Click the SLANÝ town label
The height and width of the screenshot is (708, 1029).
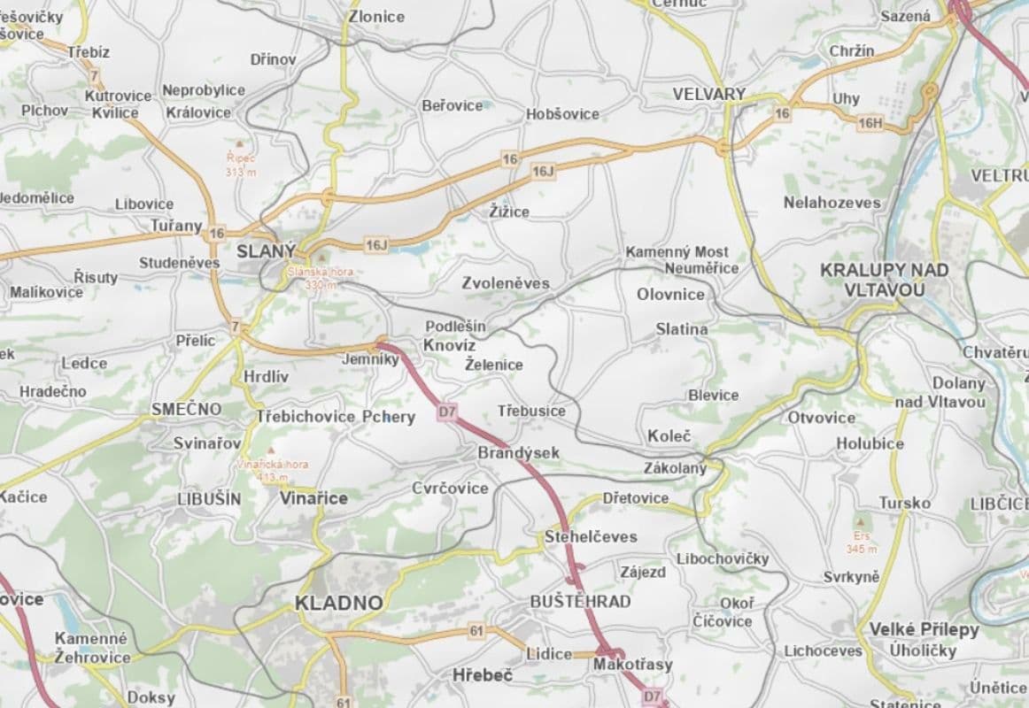266,251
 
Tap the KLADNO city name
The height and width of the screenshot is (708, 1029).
339,604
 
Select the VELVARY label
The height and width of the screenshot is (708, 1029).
708,94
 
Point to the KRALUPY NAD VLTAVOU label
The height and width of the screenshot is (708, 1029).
871,280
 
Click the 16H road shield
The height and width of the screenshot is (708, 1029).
870,123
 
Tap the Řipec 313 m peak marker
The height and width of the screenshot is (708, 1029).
239,142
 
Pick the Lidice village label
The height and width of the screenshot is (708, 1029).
549,653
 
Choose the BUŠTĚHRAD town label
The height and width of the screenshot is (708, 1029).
580,602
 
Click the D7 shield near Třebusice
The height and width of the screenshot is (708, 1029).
447,412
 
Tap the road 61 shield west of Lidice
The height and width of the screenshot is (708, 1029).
476,630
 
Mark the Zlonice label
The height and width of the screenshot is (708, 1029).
376,16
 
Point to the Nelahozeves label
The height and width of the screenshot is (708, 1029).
832,203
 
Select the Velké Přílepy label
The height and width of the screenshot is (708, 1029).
924,629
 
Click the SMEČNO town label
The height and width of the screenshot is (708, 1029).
186,409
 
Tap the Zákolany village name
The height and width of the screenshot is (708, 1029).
675,468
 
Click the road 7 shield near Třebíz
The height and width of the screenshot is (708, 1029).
95,76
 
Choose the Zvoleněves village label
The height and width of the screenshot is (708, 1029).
505,283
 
